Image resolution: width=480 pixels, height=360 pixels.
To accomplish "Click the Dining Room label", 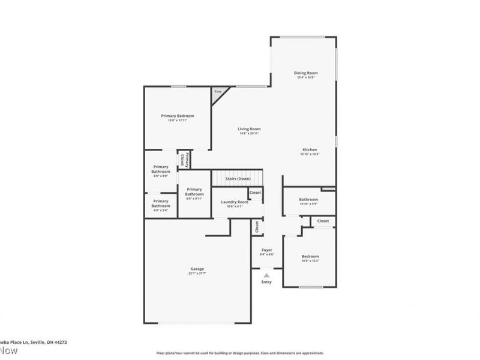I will pos(306,73).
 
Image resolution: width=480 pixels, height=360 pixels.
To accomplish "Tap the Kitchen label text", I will pos(310,149).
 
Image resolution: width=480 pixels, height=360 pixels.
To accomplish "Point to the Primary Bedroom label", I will pos(177,116).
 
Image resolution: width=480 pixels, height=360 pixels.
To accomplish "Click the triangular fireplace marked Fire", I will pos(217,93).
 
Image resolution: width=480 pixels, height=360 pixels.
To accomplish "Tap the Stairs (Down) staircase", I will pos(238,179).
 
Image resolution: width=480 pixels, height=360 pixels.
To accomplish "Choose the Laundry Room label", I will pos(235,202).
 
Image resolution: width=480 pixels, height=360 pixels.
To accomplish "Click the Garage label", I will pos(197,269).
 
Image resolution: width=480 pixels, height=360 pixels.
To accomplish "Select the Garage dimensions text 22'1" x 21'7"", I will pos(197,274).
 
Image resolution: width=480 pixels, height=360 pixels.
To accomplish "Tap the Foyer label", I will pos(266,250).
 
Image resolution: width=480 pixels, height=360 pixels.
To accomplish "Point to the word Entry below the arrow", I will pos(266,282).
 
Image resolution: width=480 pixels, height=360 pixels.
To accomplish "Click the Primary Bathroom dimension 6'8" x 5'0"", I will pos(161,211).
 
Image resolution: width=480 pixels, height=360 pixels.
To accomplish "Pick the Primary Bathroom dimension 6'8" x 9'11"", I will pos(194,199).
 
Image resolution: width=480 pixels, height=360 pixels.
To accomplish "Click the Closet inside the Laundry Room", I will pos(256,193).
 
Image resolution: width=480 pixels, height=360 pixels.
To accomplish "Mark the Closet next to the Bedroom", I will pos(323,221).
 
